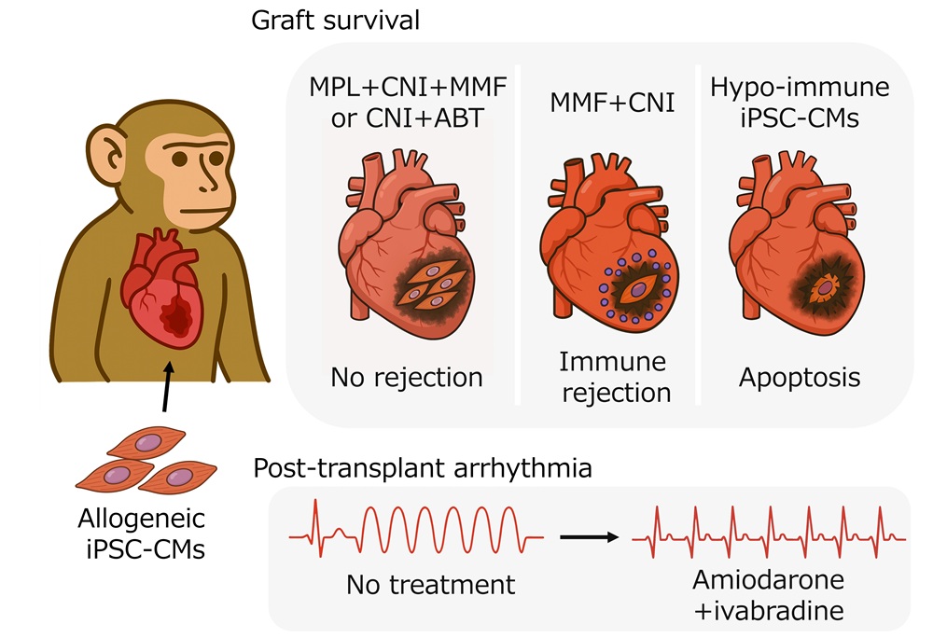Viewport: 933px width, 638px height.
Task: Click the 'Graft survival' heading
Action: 336,21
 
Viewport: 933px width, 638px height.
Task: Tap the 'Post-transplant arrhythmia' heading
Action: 422,467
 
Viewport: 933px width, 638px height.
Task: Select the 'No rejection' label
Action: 407,378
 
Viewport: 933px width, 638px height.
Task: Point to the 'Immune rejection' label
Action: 616,376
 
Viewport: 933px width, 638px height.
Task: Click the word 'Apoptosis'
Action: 800,378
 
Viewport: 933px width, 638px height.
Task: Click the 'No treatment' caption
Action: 430,585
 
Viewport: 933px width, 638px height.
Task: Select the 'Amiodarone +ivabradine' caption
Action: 768,595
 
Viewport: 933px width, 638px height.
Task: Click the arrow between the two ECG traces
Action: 589,536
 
